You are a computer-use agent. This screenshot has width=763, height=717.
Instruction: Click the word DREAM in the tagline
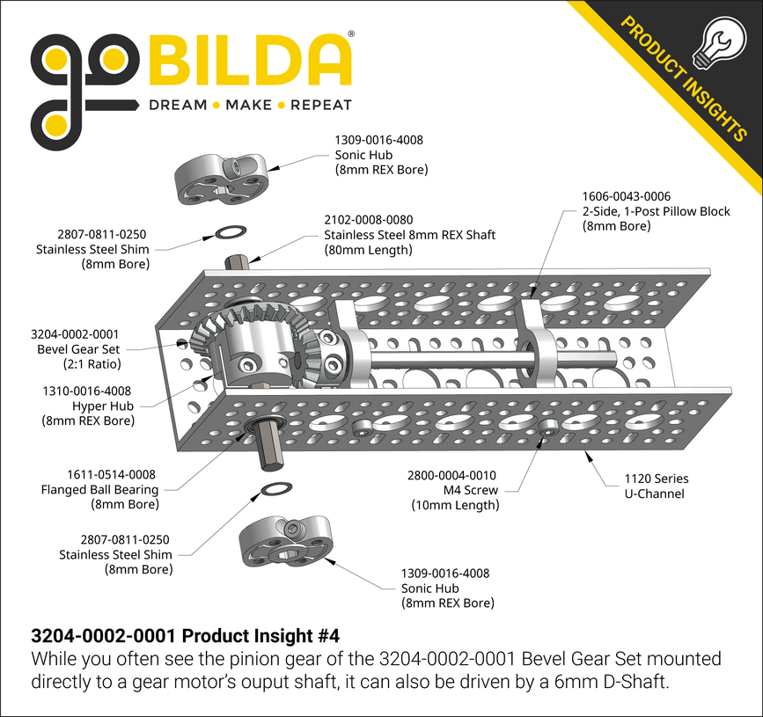[x=178, y=106]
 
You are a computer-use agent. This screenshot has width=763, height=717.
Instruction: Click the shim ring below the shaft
[x=275, y=489]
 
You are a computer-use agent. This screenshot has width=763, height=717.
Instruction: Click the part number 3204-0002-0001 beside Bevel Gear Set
[x=74, y=334]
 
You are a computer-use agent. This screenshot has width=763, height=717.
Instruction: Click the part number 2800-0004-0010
[x=451, y=474]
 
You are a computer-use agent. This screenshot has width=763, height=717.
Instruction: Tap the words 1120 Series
[x=656, y=479]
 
